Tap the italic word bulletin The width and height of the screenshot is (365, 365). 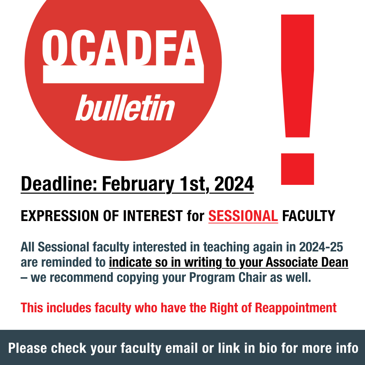[x=125, y=107]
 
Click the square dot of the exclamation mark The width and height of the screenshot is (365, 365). [x=297, y=169]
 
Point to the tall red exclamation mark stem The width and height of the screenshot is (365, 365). [x=297, y=76]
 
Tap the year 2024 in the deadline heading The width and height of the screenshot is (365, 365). [x=234, y=184]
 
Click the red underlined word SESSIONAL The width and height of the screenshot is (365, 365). [x=243, y=216]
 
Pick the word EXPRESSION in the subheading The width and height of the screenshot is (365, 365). [x=60, y=216]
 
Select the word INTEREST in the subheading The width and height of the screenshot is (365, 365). [x=153, y=216]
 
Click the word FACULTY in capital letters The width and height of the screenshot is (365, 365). [x=309, y=216]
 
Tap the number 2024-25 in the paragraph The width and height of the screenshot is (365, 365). [x=321, y=247]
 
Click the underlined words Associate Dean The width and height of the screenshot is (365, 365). [x=307, y=262]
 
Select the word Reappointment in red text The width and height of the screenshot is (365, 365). [x=296, y=308]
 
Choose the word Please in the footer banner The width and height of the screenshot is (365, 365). [x=28, y=348]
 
